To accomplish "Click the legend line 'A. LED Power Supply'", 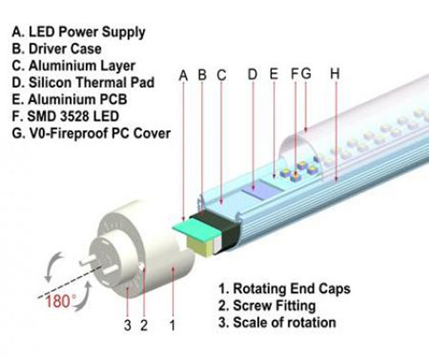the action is point(79,33).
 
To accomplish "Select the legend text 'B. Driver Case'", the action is point(56,49).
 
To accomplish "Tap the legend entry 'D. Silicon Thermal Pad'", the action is point(83,83).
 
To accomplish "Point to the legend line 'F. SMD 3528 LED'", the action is point(65,116).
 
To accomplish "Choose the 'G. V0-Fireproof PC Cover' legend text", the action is point(92,134).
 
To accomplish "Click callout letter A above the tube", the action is point(183,76).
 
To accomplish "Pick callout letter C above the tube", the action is point(222,75).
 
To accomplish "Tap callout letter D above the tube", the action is point(252,74).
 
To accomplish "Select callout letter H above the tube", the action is point(335,74).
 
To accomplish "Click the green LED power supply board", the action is point(196,229).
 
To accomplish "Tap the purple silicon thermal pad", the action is point(259,190).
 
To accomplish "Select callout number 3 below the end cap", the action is point(127,326).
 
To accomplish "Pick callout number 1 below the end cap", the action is point(172,325).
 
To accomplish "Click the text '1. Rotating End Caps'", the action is point(285,289).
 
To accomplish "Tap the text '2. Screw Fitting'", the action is point(267,306).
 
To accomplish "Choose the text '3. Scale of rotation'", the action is point(277,322).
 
